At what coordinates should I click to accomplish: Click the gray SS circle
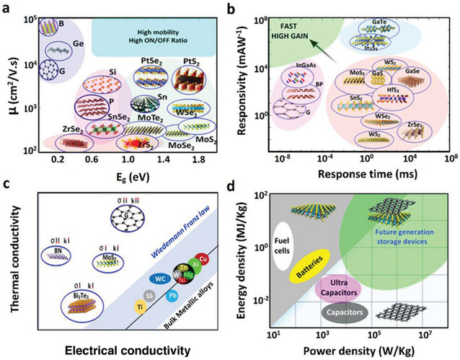[x=130, y=294]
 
